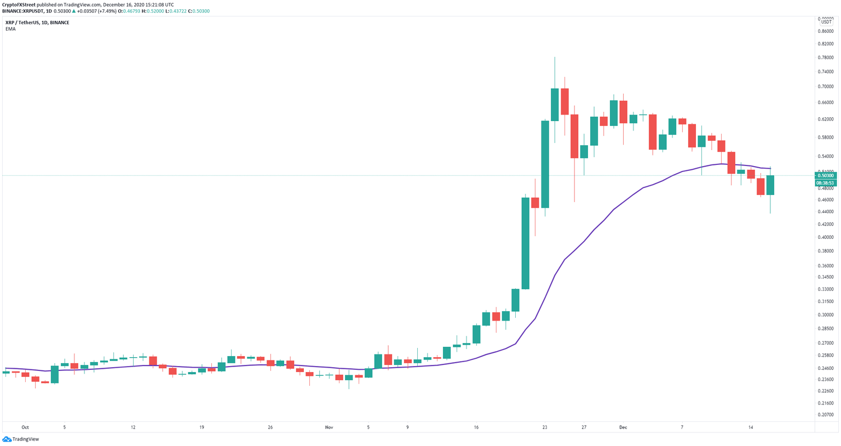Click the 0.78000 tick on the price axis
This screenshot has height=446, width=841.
pyautogui.click(x=826, y=58)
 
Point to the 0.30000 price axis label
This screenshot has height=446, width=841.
pyautogui.click(x=826, y=315)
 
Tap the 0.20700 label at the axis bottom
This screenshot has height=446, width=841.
pyautogui.click(x=826, y=415)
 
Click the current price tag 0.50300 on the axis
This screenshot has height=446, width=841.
pyautogui.click(x=825, y=176)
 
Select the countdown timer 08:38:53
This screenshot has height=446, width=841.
pyautogui.click(x=825, y=183)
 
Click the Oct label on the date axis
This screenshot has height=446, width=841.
pyautogui.click(x=25, y=427)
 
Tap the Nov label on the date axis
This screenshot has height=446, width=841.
pyautogui.click(x=329, y=427)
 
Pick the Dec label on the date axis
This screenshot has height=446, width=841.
pyautogui.click(x=623, y=427)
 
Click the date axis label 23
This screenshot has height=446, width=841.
pyautogui.click(x=545, y=427)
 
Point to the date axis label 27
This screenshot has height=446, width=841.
pyautogui.click(x=584, y=427)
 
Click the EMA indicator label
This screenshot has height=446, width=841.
pyautogui.click(x=10, y=29)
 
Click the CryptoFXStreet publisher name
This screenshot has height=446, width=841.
pyautogui.click(x=19, y=4)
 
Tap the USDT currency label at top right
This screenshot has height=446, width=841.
pyautogui.click(x=826, y=22)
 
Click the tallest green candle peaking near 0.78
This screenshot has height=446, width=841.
pyautogui.click(x=555, y=104)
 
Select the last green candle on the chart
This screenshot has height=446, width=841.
pyautogui.click(x=770, y=185)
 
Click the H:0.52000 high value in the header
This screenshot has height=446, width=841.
pyautogui.click(x=152, y=11)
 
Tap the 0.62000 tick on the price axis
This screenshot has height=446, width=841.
pyautogui.click(x=826, y=119)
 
